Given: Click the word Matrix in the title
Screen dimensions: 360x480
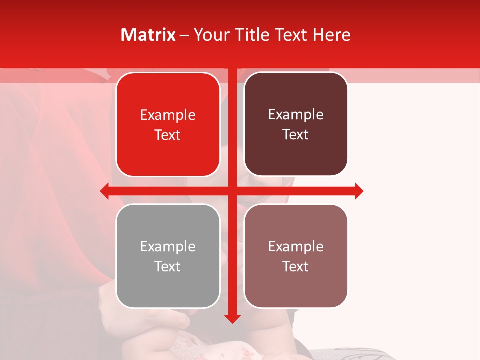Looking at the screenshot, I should click(x=148, y=35).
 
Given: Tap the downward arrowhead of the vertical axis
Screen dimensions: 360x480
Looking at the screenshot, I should click(x=232, y=318).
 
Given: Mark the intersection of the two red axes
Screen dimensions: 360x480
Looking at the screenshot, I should click(x=232, y=191).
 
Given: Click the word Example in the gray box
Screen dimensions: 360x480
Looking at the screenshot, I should click(x=168, y=246).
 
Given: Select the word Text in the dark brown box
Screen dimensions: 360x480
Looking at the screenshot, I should click(x=296, y=135).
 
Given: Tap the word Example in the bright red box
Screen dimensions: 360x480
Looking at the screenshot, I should click(x=168, y=115).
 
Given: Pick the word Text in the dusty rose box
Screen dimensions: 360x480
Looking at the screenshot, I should click(x=296, y=266).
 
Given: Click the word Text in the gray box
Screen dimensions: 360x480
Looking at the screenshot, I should click(x=168, y=266).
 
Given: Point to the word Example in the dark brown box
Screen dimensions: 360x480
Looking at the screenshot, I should click(x=296, y=115).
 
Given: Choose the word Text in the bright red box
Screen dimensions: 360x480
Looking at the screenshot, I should click(x=168, y=135).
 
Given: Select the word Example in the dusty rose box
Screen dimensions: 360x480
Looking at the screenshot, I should click(x=296, y=246).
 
